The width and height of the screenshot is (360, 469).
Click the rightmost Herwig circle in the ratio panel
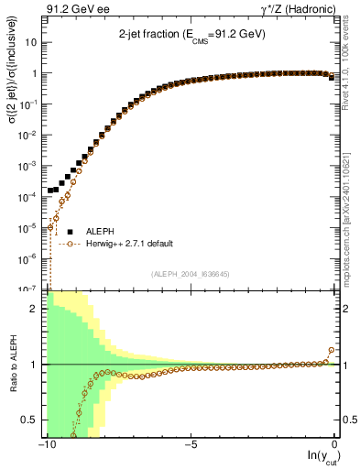[x=331, y=350]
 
